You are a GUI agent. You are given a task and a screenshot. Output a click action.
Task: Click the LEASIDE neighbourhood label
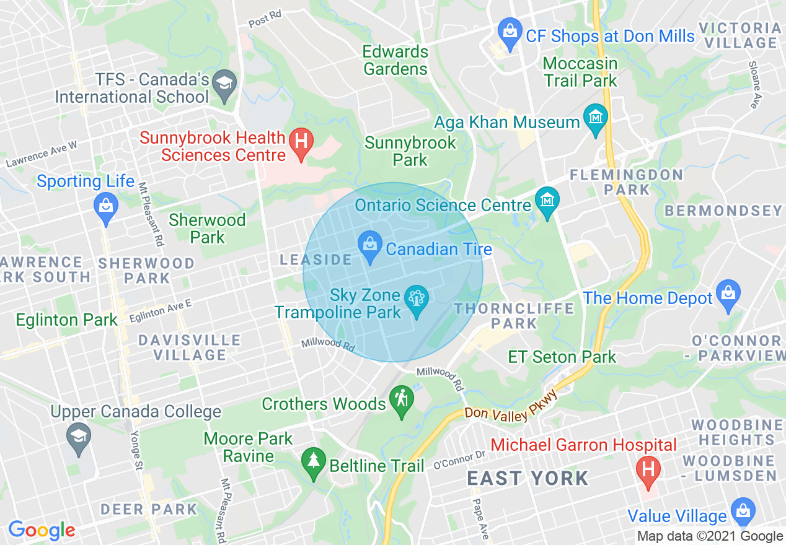click(316, 259)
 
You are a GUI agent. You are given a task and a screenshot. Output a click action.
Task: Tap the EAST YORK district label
click(528, 478)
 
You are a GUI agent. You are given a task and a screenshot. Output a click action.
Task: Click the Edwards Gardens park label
click(395, 60)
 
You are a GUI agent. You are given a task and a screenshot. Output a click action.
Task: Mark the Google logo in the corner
click(42, 530)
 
